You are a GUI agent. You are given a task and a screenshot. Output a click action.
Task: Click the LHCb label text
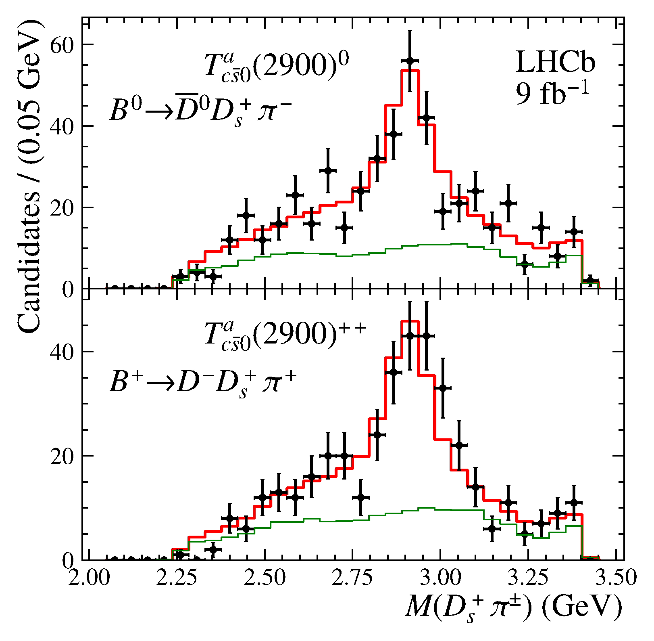click(555, 63)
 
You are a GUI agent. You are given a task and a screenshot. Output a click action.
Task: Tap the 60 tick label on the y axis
click(62, 45)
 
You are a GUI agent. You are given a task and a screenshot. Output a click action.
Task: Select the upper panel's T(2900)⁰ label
click(276, 66)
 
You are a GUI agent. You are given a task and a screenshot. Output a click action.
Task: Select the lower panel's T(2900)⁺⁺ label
click(285, 335)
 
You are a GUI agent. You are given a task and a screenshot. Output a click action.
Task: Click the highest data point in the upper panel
click(410, 61)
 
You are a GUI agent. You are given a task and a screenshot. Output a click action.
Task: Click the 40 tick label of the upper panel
click(62, 126)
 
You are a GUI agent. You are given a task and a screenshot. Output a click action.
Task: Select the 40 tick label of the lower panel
click(62, 352)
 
